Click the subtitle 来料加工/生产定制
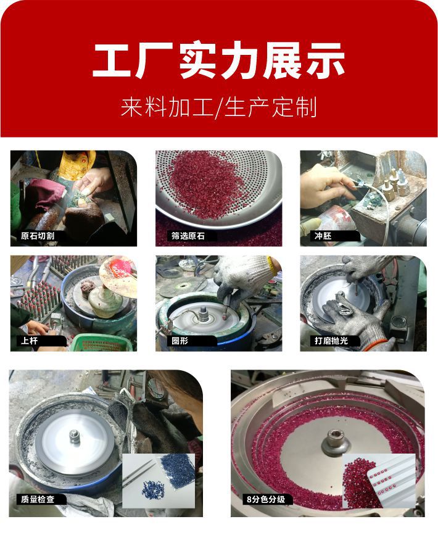[x=218, y=107]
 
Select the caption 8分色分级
[x=262, y=498]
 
